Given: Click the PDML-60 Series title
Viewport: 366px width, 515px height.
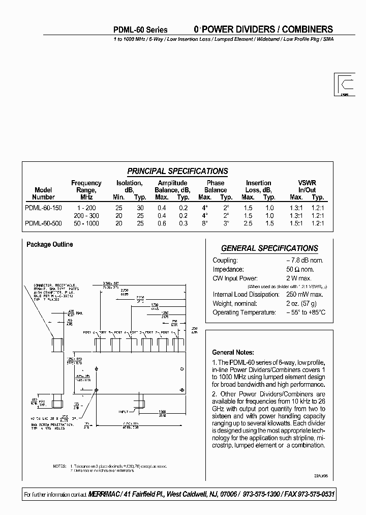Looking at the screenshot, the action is point(140,30).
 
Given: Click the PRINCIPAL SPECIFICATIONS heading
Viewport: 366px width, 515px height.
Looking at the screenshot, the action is point(177,171).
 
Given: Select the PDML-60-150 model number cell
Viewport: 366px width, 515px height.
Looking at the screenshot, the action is point(43,208).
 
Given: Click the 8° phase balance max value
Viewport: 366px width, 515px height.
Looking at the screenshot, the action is point(205,223).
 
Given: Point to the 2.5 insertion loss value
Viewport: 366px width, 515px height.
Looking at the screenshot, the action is point(248,223).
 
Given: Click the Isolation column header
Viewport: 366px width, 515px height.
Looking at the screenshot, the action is point(129,183).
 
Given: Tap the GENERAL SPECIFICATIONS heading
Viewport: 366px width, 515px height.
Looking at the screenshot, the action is point(269,248).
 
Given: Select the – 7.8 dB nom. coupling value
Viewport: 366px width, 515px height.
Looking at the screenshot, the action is point(304,260).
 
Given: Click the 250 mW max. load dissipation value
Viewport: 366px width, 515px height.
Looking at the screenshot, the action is point(304,294).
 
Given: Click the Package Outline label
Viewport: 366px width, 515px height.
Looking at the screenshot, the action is point(49,244).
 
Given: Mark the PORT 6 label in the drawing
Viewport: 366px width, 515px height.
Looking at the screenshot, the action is point(89,332).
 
